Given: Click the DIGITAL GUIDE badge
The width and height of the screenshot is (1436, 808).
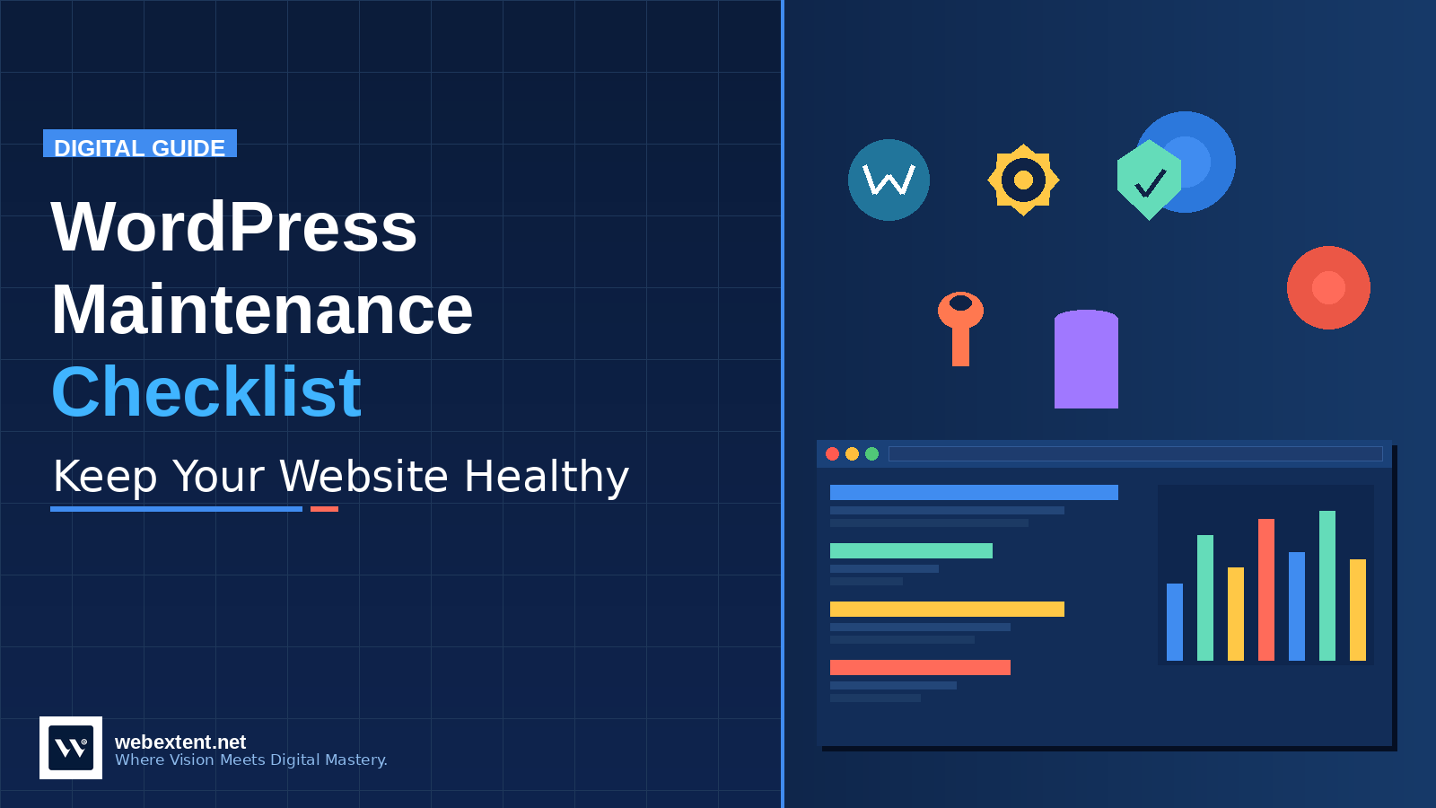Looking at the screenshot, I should point(140,145).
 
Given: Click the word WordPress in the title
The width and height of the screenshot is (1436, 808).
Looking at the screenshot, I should point(234,227).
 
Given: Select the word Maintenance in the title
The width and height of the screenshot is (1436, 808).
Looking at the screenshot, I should point(262,310).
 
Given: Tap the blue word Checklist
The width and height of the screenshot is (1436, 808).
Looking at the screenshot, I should point(206,392).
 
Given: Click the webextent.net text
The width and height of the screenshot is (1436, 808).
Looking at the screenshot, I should point(180,742).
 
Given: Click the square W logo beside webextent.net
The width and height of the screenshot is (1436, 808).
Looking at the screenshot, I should point(71,748).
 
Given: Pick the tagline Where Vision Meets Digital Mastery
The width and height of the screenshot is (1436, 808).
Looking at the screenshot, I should point(251,760).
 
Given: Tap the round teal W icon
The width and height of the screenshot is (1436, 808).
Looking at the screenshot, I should point(889,180).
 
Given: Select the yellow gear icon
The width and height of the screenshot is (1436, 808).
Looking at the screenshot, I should point(1023,180).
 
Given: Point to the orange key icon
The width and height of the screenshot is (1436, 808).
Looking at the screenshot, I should point(960,327).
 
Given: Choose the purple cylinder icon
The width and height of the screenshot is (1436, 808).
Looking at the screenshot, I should point(1086,359).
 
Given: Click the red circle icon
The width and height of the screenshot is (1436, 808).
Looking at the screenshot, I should point(1328,287).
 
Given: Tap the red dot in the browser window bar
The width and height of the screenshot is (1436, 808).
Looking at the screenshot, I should point(832,454).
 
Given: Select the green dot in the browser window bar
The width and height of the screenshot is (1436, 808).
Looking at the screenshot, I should point(871,454).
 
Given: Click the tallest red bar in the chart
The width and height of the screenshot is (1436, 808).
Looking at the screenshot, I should point(1266,590).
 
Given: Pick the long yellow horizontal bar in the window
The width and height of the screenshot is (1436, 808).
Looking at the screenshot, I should point(947,609).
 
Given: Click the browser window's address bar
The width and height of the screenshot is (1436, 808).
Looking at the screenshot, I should point(1135,454).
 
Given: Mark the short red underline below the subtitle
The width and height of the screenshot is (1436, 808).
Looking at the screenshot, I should point(324,509).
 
